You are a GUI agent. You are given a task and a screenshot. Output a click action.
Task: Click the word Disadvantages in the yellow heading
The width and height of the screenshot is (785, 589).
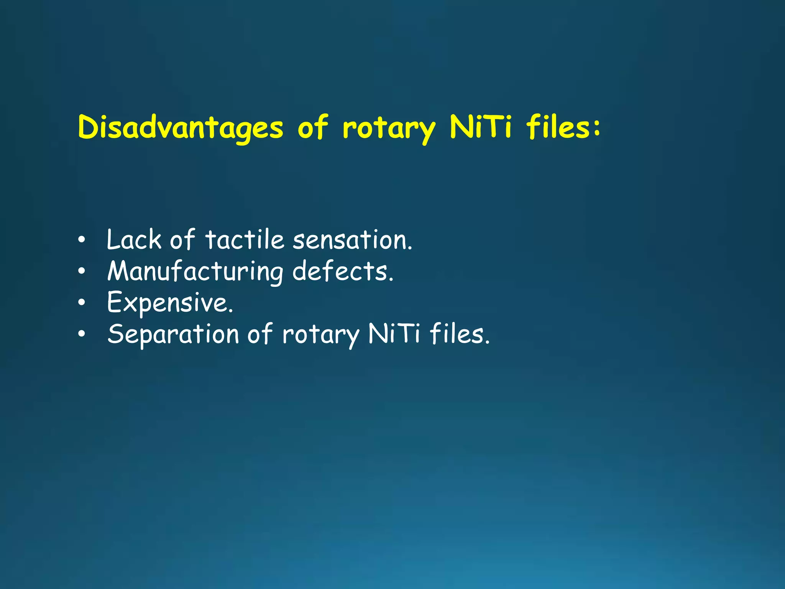tap(181, 128)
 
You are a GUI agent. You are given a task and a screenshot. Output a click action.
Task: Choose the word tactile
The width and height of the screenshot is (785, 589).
tap(245, 240)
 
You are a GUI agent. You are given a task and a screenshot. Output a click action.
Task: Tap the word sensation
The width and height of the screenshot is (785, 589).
tap(352, 240)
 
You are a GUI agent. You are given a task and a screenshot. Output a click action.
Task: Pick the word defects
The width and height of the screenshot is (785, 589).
tap(343, 271)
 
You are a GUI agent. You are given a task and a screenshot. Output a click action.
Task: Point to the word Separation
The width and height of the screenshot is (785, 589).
tap(173, 335)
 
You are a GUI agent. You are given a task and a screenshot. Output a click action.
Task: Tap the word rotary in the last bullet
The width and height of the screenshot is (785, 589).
tap(321, 335)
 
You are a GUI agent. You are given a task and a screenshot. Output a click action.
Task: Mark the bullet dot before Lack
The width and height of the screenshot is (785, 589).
tap(81, 240)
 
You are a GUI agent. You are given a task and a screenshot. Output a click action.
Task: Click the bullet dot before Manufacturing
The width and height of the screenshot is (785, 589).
tap(81, 272)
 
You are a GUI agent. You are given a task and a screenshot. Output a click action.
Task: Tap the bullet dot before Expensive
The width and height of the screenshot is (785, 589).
tap(81, 303)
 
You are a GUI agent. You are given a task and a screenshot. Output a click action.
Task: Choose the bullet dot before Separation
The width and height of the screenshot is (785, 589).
tap(81, 334)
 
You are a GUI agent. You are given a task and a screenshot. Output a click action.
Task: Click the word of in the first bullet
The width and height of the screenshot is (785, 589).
tap(182, 240)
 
